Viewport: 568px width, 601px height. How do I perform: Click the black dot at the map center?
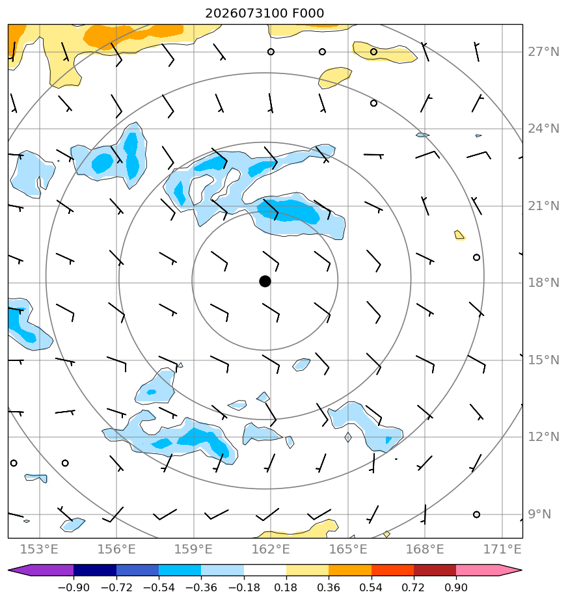click(x=265, y=282)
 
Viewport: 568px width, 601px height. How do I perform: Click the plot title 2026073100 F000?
click(x=265, y=14)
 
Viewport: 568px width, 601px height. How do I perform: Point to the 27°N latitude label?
click(x=543, y=52)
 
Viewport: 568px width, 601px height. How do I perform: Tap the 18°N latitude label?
click(x=543, y=283)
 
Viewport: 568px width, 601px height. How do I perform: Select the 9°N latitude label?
click(x=539, y=514)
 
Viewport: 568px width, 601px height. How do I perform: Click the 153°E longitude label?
click(x=39, y=549)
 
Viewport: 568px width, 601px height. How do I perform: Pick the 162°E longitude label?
click(x=271, y=549)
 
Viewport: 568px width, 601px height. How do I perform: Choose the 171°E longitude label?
click(x=502, y=549)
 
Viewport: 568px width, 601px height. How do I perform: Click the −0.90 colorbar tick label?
click(x=74, y=587)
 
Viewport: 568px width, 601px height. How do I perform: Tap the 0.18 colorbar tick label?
click(x=286, y=587)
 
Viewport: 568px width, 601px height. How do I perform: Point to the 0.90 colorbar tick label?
click(x=456, y=587)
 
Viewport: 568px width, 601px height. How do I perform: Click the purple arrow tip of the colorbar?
click(x=9, y=570)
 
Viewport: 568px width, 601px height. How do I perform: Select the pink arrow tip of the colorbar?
click(x=521, y=570)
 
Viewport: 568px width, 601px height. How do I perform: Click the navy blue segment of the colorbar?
click(x=95, y=570)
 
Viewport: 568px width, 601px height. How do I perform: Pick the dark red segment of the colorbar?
click(x=435, y=570)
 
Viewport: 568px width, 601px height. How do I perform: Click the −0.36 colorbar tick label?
click(x=201, y=587)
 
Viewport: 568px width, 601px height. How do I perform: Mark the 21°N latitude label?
click(x=543, y=206)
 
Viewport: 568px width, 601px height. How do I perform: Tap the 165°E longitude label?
click(x=348, y=549)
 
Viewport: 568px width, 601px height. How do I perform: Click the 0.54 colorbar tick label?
click(x=371, y=587)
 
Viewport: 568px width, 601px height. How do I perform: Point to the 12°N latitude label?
click(x=543, y=436)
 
